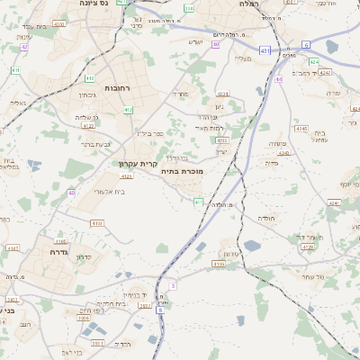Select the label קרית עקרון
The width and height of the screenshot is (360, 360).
139,165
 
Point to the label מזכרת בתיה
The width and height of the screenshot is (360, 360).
183,171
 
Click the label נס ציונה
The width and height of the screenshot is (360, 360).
94,4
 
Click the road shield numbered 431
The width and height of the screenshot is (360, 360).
263,50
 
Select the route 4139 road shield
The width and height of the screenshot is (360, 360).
219,264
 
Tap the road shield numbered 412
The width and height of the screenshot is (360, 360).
129,110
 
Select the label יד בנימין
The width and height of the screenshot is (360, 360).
131,293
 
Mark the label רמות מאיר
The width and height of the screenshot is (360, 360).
210,129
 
